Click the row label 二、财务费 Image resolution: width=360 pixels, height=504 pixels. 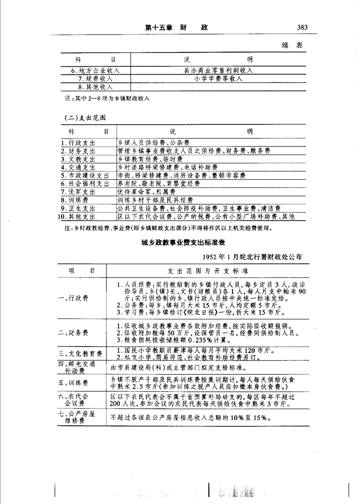click(73, 332)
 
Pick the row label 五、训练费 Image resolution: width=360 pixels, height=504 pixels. click(73, 383)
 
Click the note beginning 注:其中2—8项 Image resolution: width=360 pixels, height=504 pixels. click(107, 98)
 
